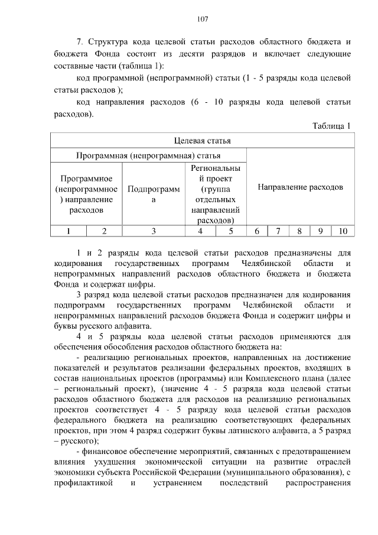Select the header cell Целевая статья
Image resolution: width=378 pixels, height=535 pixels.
202,141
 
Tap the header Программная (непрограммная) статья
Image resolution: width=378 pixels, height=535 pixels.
149,155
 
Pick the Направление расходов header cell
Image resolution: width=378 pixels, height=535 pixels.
300,187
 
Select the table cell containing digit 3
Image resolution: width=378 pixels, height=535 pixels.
154,231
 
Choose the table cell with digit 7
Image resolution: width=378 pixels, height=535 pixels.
278,231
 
